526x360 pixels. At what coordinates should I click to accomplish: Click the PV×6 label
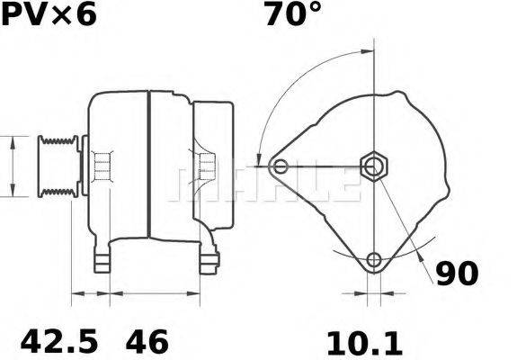click(50, 15)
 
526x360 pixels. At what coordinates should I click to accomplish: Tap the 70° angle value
click(292, 15)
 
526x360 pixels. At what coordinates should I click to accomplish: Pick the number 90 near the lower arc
click(458, 273)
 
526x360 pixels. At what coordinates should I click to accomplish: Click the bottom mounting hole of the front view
click(373, 261)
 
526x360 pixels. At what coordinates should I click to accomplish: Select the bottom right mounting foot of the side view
click(210, 261)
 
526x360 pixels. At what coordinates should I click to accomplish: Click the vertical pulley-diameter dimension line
click(11, 166)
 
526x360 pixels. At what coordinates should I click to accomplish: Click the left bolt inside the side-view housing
click(103, 166)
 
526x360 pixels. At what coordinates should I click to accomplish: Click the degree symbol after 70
click(316, 9)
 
